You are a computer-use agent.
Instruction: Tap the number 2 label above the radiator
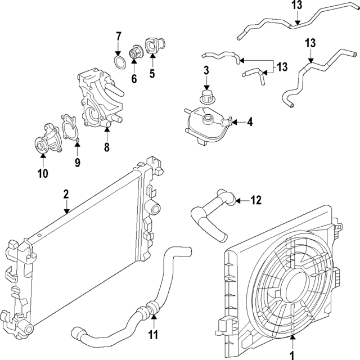coord(66,194)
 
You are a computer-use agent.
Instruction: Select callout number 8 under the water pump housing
coord(106,148)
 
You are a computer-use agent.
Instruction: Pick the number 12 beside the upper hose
coord(256,200)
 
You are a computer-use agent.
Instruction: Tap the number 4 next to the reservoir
coord(250,121)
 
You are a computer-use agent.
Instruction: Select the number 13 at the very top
coord(296,6)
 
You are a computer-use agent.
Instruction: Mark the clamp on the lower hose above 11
coord(149,309)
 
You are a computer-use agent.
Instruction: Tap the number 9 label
coord(78,163)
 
